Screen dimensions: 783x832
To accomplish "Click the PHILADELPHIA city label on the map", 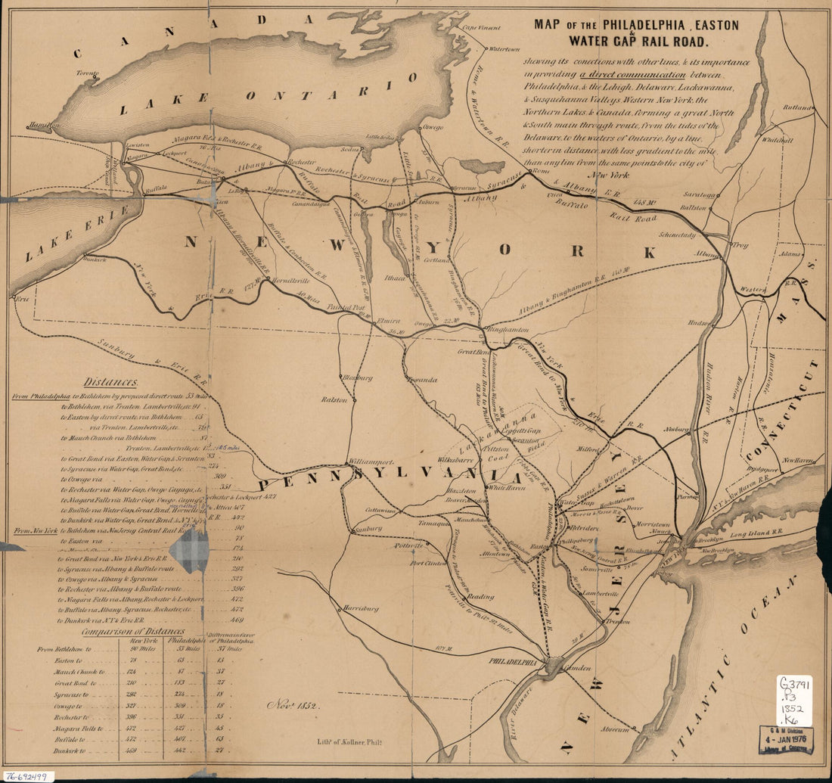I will coord(517,661).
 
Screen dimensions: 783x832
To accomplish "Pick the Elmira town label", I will coord(387,321).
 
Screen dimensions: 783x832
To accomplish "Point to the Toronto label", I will coord(87,73).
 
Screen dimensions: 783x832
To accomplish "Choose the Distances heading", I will coord(110,383).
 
